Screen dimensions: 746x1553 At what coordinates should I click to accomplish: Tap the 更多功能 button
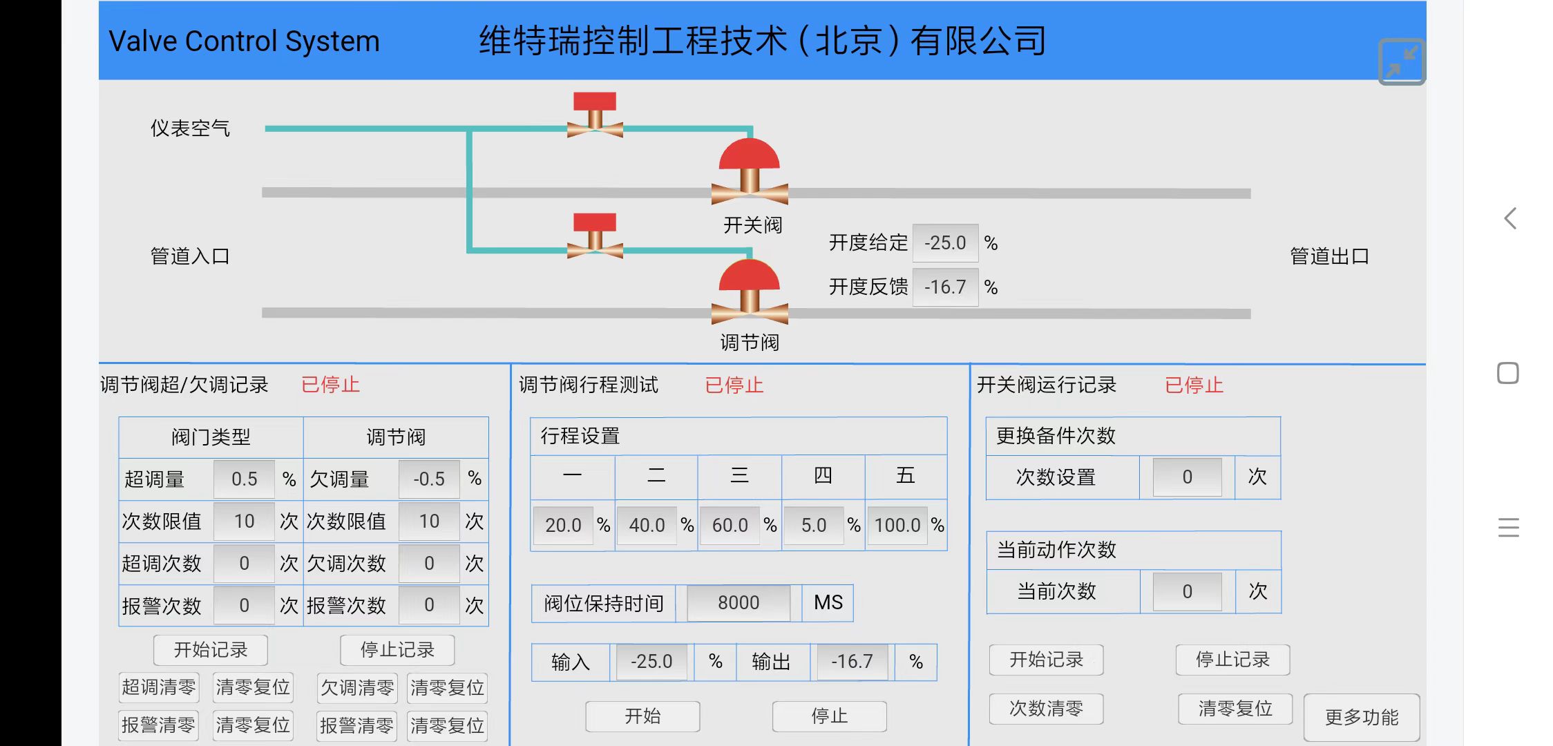[1361, 717]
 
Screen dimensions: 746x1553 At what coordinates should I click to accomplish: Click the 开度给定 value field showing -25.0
[945, 243]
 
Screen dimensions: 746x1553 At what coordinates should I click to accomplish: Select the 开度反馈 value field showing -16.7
[945, 287]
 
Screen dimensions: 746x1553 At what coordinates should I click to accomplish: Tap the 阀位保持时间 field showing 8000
[738, 603]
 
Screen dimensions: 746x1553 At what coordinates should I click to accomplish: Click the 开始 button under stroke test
[642, 716]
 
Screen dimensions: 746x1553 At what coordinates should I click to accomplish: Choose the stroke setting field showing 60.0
[730, 525]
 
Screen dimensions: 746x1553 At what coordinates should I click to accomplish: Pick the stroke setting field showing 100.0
[897, 525]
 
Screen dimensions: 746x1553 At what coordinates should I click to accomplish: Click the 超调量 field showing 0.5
[244, 479]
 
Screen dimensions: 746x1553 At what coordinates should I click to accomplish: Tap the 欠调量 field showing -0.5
[429, 479]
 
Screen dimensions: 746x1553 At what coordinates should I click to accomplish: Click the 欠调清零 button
[356, 688]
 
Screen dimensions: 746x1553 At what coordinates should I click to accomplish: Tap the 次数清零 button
[1046, 709]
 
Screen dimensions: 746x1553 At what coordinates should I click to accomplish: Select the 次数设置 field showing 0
[1187, 477]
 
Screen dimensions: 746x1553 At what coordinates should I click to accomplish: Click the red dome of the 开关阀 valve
[750, 155]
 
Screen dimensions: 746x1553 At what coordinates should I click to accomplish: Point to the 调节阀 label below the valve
[750, 343]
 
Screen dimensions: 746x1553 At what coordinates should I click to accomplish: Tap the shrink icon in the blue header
[1401, 61]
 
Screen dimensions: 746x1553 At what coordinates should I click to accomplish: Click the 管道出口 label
[1329, 256]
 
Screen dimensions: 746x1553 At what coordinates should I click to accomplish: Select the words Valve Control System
[244, 41]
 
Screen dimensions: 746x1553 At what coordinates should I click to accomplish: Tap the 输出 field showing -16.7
[852, 662]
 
